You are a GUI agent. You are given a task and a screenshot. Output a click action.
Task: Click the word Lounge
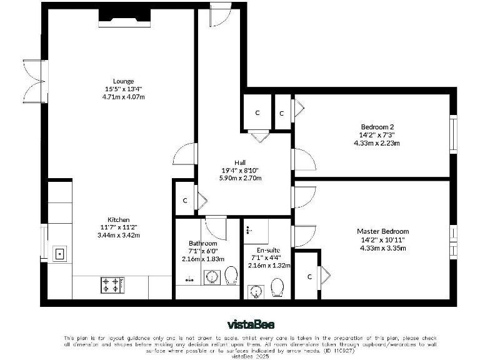click(123, 81)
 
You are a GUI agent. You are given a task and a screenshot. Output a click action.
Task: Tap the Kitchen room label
click(119, 219)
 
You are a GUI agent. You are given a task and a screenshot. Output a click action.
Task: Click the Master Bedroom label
click(383, 231)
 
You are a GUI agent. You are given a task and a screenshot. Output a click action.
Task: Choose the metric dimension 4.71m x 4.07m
click(123, 97)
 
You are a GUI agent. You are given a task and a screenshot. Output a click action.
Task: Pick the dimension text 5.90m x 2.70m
click(239, 178)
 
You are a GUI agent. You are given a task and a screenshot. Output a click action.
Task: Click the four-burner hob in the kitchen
click(112, 285)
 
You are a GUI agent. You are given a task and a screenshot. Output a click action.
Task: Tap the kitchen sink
click(61, 253)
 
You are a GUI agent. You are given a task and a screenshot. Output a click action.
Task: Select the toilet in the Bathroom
click(231, 276)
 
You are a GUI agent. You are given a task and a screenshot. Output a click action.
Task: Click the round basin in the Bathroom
click(212, 276)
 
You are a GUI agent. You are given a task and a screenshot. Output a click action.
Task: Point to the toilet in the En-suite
click(277, 288)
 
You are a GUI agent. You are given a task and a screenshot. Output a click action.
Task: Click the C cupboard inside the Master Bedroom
click(309, 276)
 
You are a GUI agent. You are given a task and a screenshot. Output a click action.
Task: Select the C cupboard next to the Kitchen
click(185, 201)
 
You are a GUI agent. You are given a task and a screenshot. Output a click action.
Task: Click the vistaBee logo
click(251, 324)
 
